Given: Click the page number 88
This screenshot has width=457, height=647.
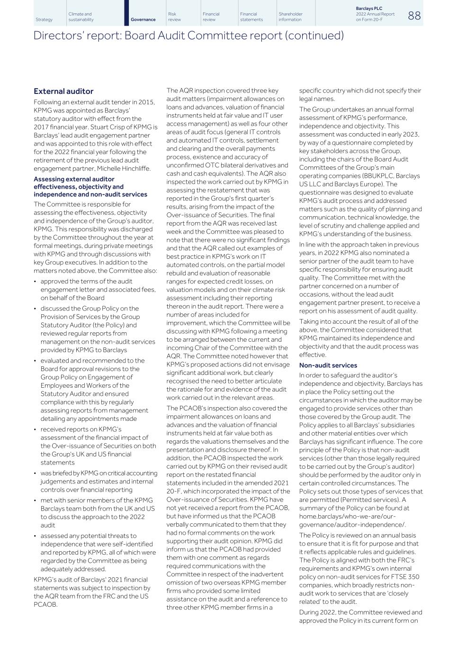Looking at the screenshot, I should tap(414, 16).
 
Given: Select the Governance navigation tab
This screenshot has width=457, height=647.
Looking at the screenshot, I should tap(143, 20).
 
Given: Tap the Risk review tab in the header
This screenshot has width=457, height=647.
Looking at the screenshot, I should tap(174, 17).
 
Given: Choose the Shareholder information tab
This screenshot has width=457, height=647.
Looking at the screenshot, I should tap(290, 17).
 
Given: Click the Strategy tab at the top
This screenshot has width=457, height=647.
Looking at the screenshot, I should tap(44, 20).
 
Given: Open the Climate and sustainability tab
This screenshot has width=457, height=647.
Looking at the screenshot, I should tap(81, 17).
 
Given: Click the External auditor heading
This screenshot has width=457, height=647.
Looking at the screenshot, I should tap(63, 91).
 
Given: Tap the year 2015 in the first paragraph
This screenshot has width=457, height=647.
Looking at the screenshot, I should tap(146, 102).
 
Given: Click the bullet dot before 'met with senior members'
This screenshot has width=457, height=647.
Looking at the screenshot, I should tap(36, 501).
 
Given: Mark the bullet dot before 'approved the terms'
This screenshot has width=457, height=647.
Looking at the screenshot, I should tap(36, 282).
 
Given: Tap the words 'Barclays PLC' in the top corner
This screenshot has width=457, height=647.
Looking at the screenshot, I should tap(369, 9).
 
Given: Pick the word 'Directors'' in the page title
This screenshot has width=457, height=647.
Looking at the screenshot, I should tap(53, 36).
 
